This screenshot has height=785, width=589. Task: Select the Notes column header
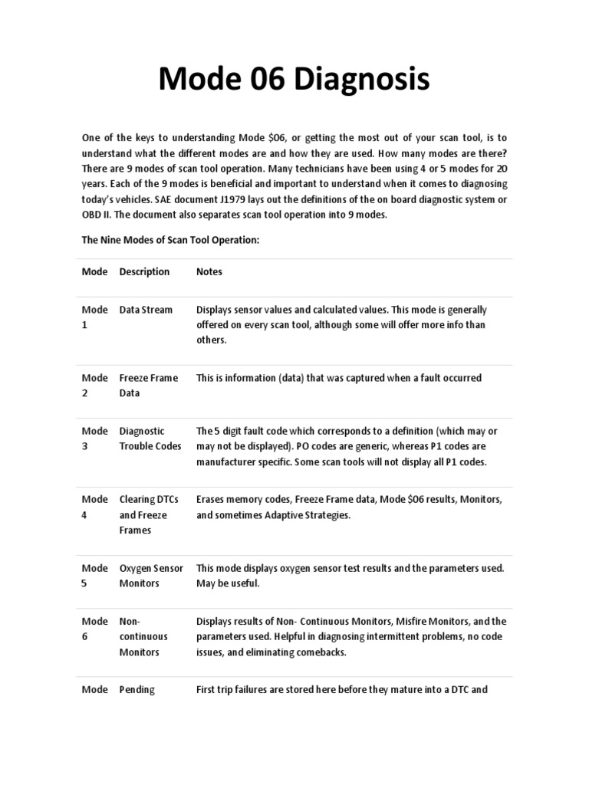click(209, 271)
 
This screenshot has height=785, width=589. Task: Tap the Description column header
click(144, 271)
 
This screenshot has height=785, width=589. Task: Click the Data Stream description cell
click(146, 310)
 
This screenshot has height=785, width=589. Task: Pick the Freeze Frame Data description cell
click(148, 385)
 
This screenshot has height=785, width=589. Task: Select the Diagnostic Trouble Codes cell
click(150, 438)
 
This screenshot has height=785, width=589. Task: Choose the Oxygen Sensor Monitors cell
click(151, 575)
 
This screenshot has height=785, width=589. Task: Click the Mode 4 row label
click(95, 507)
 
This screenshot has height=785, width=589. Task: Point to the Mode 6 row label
click(95, 629)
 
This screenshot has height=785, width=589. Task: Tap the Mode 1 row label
click(95, 317)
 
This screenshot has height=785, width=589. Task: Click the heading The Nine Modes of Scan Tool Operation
click(171, 240)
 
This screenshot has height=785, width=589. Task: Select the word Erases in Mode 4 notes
click(211, 500)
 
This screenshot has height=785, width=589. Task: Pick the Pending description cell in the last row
click(137, 689)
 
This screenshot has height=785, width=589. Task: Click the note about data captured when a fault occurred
click(339, 378)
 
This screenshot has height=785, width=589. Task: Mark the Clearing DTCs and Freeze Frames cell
click(149, 514)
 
